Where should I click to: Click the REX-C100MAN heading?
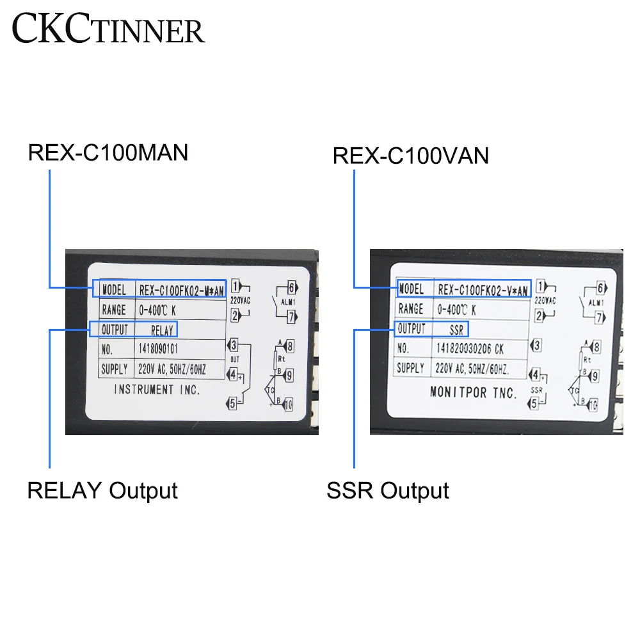click(108, 154)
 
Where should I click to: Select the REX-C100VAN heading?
click(411, 156)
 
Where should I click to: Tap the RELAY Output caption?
click(102, 491)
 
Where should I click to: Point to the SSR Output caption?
click(388, 491)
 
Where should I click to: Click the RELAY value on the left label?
click(162, 331)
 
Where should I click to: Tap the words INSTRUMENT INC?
click(157, 389)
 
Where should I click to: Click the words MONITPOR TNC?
click(464, 392)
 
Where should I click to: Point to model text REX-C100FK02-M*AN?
click(181, 290)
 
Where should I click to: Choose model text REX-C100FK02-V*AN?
click(483, 290)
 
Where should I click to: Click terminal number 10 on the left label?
click(287, 404)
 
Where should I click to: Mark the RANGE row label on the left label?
click(115, 310)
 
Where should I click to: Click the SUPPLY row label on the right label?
click(410, 368)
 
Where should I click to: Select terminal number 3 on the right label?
click(536, 346)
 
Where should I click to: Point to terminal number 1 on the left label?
click(236, 286)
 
